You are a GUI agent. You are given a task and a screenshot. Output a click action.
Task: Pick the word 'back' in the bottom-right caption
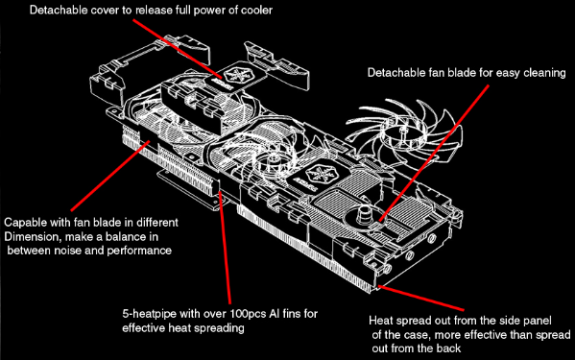pos(449,348)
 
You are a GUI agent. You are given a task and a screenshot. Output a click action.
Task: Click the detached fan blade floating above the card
pos(403,131)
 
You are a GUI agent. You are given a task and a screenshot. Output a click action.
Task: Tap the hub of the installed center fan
pos(273,158)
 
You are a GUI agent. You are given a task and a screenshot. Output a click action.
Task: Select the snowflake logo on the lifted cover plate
pos(234,74)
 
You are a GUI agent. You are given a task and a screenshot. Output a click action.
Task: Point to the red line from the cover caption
pos(178,49)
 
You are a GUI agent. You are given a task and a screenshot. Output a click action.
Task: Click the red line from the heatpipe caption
pos(225,248)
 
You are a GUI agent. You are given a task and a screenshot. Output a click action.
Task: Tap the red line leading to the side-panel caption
pos(421,298)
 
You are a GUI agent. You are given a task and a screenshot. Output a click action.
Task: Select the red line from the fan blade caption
pos(434,154)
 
